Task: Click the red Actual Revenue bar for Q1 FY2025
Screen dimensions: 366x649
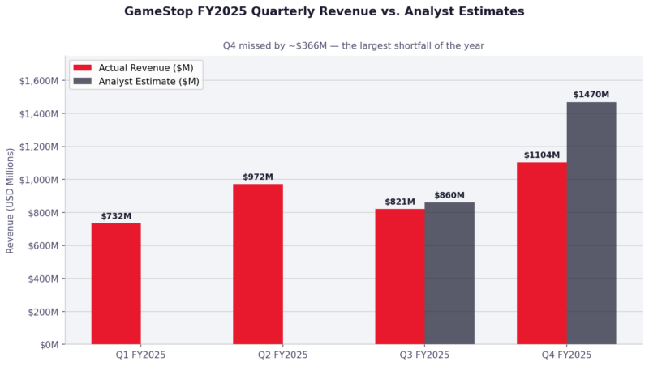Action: [116, 283]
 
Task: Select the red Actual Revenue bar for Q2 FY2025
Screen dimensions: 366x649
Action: [258, 264]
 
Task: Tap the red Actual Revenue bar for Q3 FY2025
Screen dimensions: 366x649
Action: [399, 276]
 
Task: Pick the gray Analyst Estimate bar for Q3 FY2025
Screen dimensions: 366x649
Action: [449, 273]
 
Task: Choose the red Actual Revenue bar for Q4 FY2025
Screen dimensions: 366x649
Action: [541, 253]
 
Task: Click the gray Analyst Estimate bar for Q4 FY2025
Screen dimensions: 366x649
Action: [591, 223]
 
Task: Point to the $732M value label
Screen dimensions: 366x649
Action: [116, 216]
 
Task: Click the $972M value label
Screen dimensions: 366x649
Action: [258, 177]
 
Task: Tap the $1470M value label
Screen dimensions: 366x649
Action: [591, 95]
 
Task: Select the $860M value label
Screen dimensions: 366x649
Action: [449, 195]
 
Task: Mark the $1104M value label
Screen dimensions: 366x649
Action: [541, 155]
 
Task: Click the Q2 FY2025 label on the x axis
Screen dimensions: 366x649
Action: [258, 355]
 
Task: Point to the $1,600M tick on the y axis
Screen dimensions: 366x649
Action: [38, 80]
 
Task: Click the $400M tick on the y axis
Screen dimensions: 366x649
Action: [41, 279]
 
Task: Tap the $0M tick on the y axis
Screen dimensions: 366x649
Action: [47, 345]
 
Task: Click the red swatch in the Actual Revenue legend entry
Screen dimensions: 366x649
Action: [82, 67]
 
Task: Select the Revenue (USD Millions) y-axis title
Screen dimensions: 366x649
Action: [11, 200]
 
